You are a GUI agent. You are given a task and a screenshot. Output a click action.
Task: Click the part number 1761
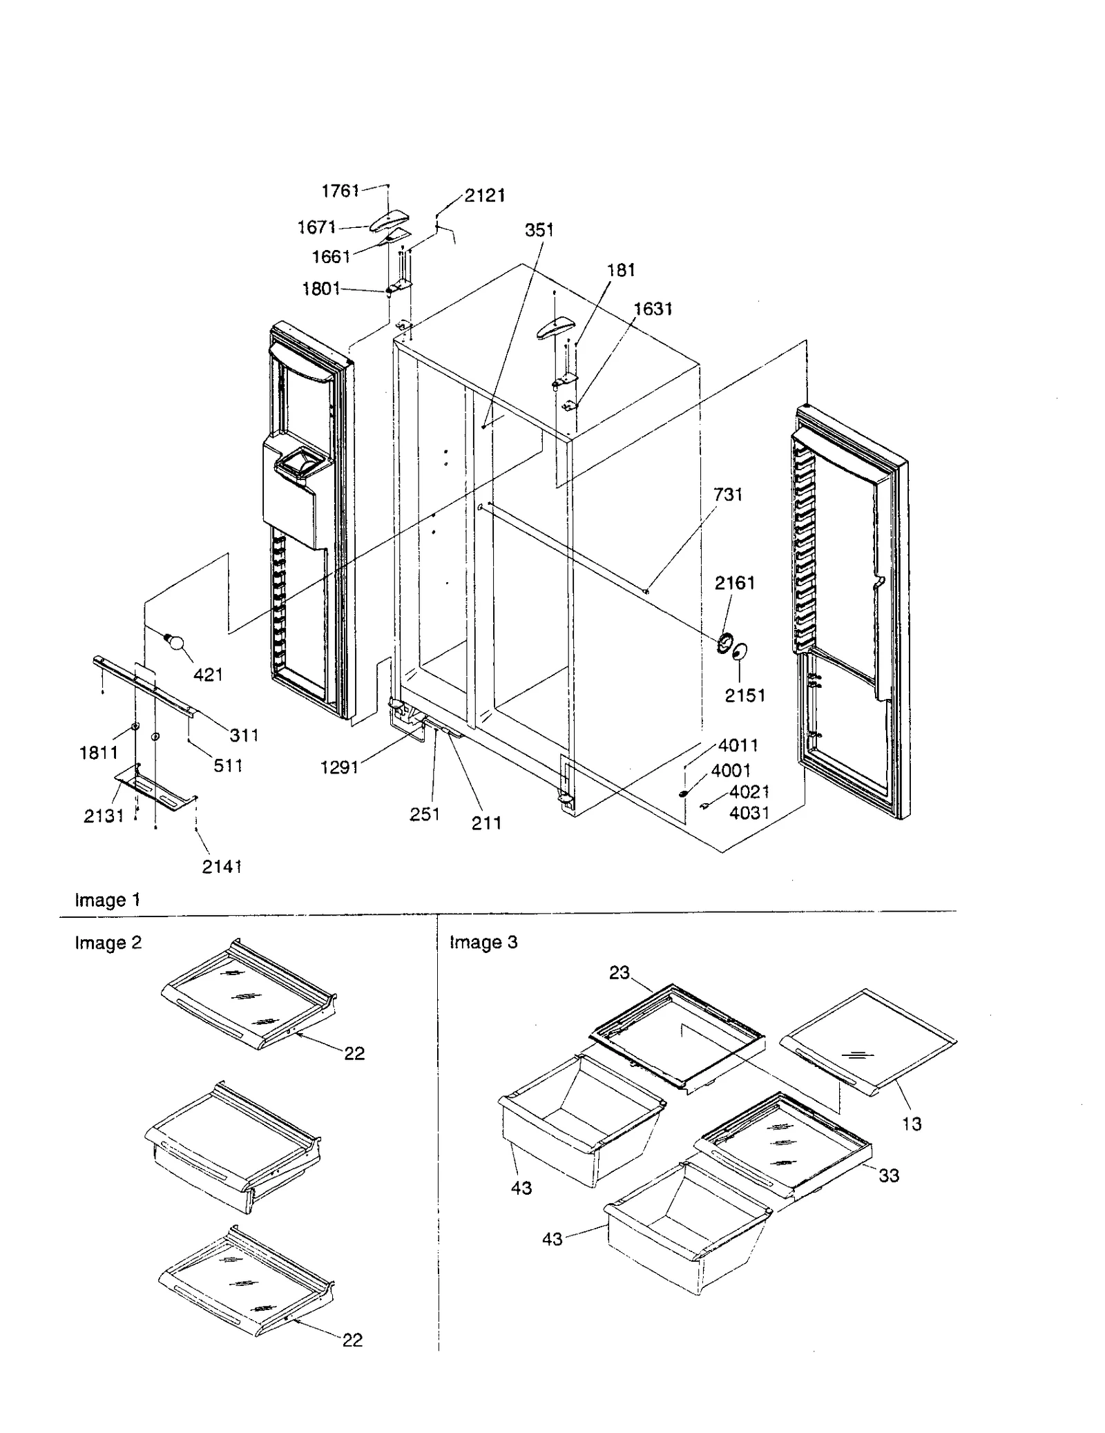point(340,191)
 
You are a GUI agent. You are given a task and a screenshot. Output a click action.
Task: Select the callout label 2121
point(484,195)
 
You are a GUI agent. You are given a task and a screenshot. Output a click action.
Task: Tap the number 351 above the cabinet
point(539,230)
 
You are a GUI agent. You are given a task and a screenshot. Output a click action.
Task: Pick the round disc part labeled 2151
point(740,651)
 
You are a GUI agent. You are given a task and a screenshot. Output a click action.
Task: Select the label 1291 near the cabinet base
point(339,767)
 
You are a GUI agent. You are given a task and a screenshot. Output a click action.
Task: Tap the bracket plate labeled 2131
point(157,787)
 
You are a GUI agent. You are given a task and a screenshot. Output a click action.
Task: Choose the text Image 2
point(108,943)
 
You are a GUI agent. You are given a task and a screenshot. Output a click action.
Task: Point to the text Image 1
point(107,900)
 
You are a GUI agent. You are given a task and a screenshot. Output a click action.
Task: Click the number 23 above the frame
point(619,972)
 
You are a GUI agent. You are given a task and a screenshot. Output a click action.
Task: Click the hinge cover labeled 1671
point(390,222)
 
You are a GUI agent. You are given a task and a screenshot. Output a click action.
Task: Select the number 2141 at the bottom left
point(222,866)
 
